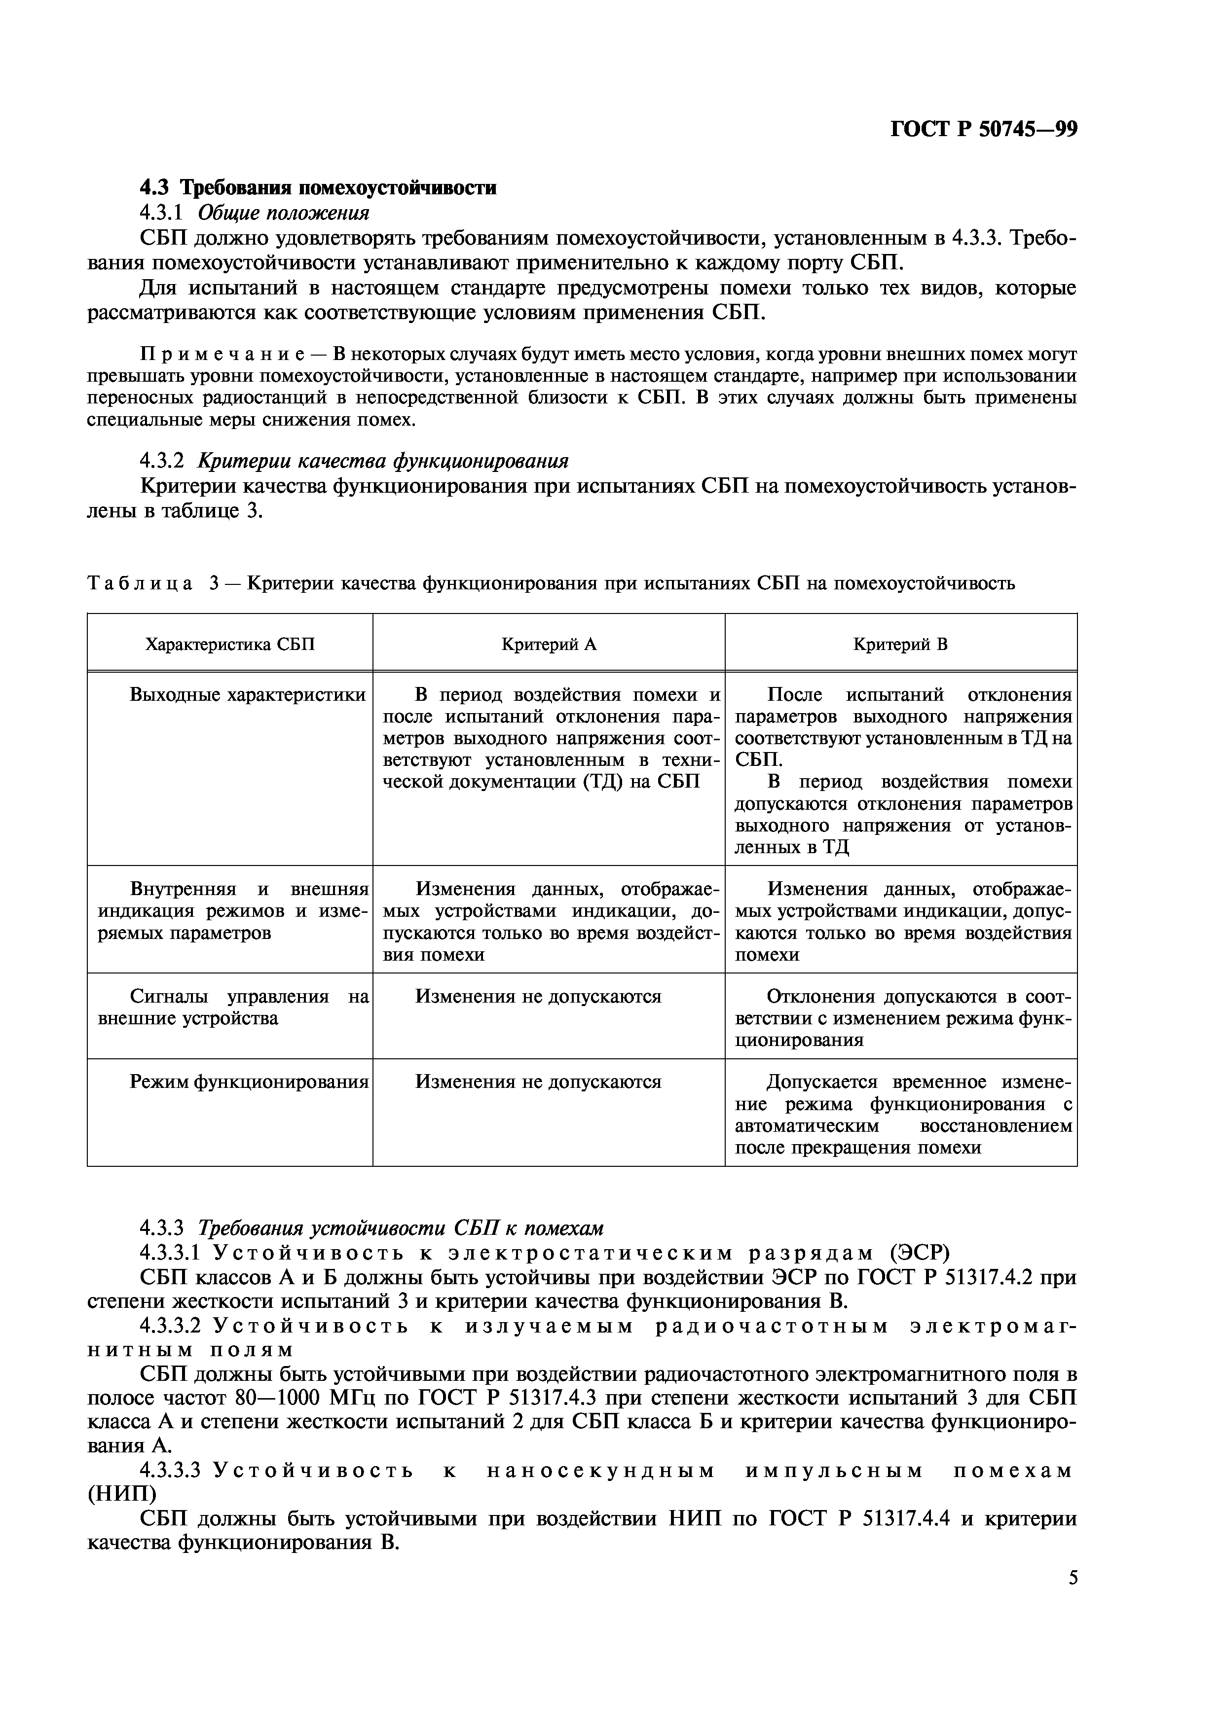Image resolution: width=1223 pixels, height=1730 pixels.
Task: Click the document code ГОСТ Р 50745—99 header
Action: click(983, 130)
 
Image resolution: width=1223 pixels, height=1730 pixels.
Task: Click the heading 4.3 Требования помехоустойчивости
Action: click(318, 187)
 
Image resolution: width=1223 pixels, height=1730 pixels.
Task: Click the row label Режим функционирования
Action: click(249, 1082)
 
